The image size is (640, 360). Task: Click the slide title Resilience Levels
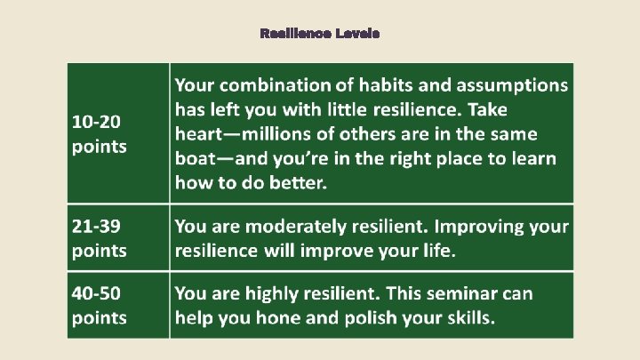coord(319,33)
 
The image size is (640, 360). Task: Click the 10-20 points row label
coord(99,132)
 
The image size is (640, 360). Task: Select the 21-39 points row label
coord(99,238)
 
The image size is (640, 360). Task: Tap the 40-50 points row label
coord(99,305)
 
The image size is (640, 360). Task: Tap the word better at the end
coord(299,184)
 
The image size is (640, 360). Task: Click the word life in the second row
coord(436,252)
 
